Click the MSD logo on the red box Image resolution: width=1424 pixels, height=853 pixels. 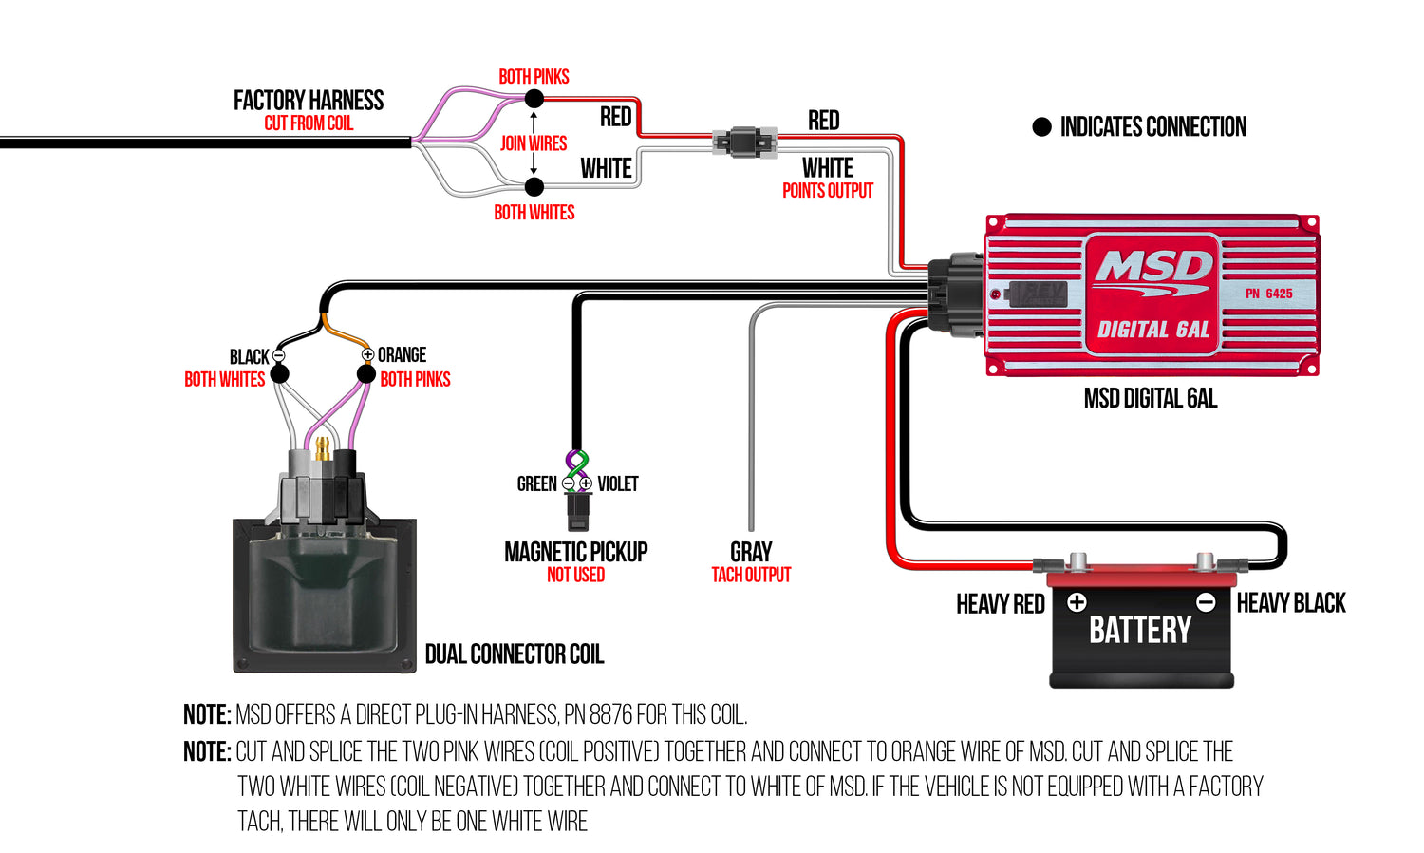coord(1152,269)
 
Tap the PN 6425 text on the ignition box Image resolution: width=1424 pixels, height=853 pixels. coord(1268,294)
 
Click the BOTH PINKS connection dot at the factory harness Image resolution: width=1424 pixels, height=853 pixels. coord(534,99)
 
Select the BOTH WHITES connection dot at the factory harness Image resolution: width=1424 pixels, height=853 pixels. coord(534,187)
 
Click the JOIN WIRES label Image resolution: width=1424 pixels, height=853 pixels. coord(534,143)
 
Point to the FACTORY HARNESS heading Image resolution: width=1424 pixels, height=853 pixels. coord(309,101)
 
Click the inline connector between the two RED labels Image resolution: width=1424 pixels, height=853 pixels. coord(745,142)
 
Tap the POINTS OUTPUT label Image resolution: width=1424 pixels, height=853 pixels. coord(827,191)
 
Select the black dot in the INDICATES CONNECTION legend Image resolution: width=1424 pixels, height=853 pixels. coord(1041,127)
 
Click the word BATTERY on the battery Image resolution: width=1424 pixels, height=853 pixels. coord(1139,630)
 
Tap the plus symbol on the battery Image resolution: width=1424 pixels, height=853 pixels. coord(1077,602)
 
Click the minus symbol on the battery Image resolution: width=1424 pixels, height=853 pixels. coord(1206,602)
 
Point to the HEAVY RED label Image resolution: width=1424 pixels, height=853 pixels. coord(1000,604)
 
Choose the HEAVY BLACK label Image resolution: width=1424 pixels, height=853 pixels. coord(1290,603)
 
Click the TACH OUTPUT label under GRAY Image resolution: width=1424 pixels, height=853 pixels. coord(751,575)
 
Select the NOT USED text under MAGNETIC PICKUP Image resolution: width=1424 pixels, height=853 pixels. coord(575,575)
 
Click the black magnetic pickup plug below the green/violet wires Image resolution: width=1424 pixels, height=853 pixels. coord(578,511)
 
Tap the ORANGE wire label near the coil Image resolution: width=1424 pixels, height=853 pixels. coord(402,355)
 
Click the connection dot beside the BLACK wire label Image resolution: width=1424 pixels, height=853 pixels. coord(279,374)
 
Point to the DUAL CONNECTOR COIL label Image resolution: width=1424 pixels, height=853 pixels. coord(514,654)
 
